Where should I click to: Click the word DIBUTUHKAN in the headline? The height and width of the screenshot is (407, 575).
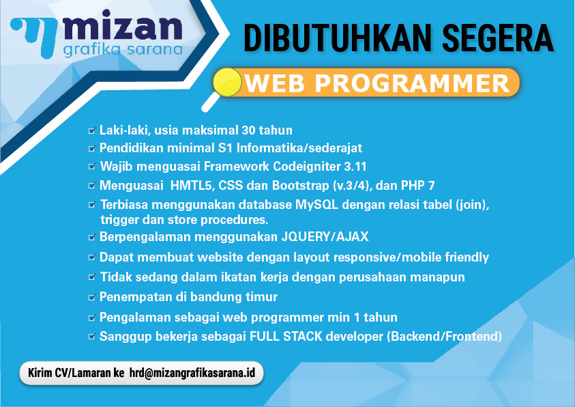click(338, 38)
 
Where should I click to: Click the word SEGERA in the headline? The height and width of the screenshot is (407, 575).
click(498, 38)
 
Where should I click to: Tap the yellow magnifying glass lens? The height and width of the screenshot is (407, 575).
click(227, 82)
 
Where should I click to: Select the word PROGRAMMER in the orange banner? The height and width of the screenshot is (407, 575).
click(412, 83)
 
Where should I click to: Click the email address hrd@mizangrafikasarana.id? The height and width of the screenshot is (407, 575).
click(192, 373)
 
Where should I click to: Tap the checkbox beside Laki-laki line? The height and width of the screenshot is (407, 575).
click(92, 130)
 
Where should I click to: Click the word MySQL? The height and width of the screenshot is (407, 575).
click(317, 204)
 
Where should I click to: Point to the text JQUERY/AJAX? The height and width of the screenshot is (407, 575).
click(325, 237)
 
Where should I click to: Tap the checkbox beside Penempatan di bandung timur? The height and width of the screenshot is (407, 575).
click(92, 297)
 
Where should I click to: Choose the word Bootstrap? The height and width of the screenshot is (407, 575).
click(300, 186)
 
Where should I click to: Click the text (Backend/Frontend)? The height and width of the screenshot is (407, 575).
click(445, 336)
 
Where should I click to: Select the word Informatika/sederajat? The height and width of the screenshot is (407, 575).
click(299, 148)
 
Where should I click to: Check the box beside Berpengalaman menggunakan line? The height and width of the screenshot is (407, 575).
click(92, 237)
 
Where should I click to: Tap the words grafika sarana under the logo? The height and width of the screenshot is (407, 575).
click(123, 51)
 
